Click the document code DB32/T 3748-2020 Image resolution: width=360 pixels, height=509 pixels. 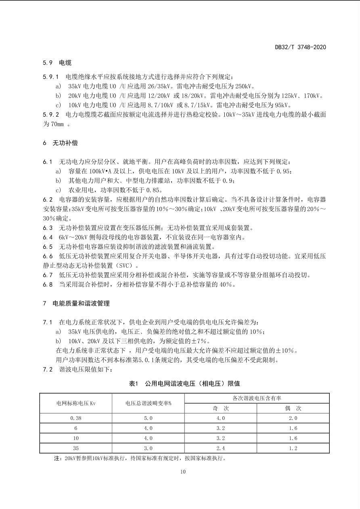[x=300, y=47]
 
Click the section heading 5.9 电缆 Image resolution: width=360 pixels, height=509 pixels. [x=57, y=63]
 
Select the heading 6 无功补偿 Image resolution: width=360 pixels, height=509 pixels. [x=60, y=143]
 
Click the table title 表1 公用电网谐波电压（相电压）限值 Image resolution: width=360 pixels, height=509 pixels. [x=184, y=383]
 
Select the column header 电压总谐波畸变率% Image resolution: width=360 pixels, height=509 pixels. [x=148, y=403]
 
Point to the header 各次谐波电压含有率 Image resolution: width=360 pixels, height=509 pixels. [x=257, y=398]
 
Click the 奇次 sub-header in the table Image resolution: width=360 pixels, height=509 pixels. [x=220, y=408]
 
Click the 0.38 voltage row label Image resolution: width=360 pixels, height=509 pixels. [x=76, y=418]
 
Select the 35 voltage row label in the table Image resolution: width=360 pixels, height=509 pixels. [x=76, y=448]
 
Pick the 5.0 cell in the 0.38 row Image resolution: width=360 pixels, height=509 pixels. [x=148, y=418]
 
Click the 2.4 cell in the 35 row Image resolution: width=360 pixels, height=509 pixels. [x=220, y=448]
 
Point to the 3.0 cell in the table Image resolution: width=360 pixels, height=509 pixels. [x=148, y=448]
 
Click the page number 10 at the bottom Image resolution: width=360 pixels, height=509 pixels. [x=183, y=472]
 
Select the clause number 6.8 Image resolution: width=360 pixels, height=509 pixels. [x=48, y=285]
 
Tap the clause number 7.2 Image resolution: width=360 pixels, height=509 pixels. [x=48, y=369]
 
